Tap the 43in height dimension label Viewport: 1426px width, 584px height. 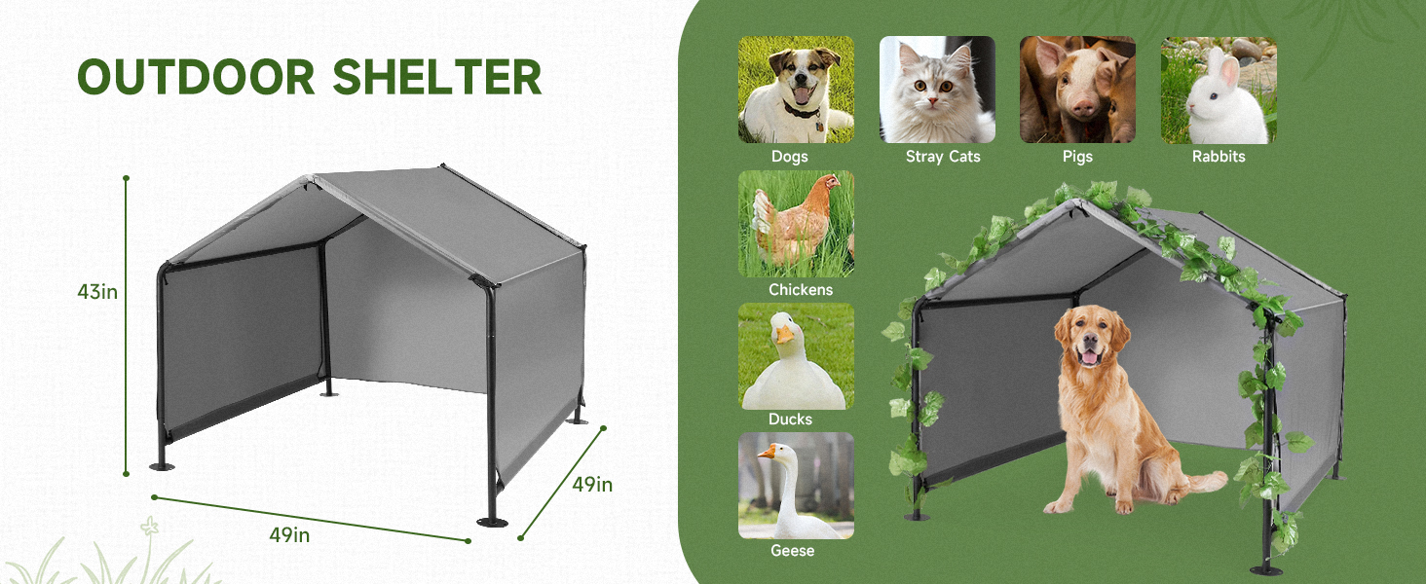click(97, 290)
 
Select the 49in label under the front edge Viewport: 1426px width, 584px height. click(289, 534)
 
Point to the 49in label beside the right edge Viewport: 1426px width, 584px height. click(592, 484)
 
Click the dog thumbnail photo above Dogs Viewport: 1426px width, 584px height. click(796, 90)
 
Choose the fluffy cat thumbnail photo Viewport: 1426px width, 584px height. click(937, 90)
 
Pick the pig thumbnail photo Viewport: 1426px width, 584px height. click(1077, 90)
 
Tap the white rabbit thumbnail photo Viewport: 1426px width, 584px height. click(1219, 90)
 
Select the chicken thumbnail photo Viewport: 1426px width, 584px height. click(796, 224)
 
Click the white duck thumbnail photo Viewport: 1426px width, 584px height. click(796, 356)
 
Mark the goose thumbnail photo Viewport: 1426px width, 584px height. click(796, 486)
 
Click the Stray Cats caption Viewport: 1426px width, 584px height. click(942, 157)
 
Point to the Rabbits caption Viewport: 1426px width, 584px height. click(1219, 157)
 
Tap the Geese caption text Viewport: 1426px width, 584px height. click(791, 551)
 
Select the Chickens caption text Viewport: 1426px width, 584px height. click(801, 290)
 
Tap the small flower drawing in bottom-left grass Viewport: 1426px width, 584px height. click(149, 528)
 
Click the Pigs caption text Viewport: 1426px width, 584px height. click(1077, 157)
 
